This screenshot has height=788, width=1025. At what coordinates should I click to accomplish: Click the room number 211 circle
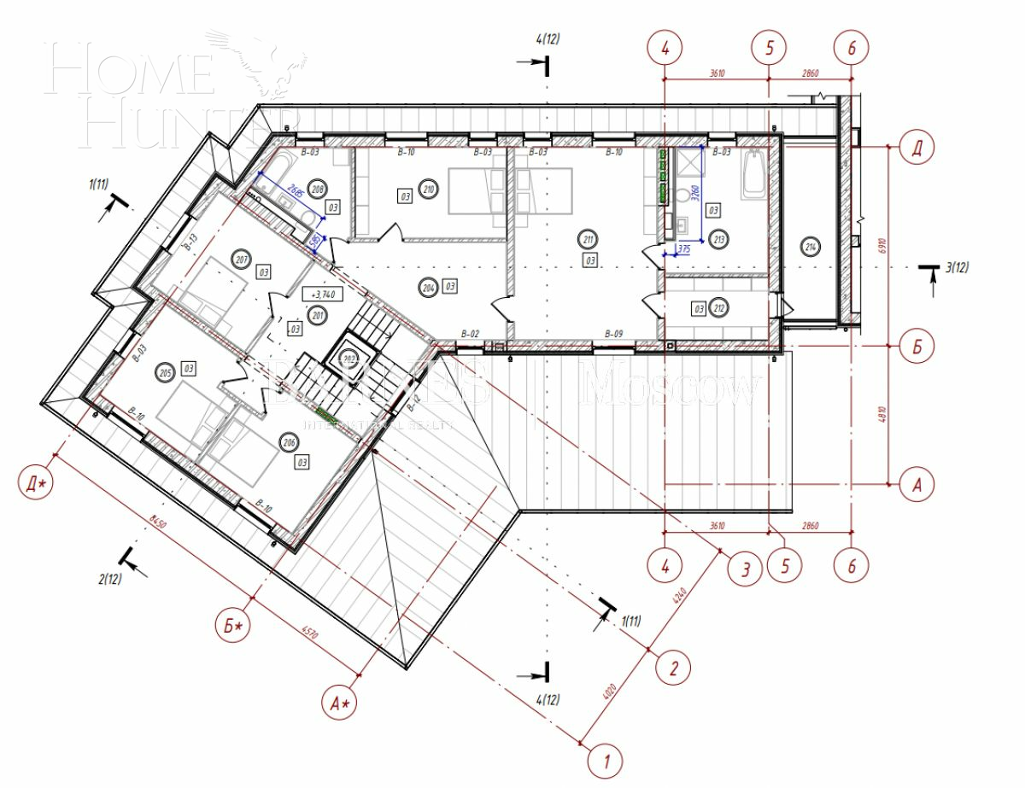(588, 239)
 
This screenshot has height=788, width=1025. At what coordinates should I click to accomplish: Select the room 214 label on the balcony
(810, 248)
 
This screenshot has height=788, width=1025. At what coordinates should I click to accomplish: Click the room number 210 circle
(429, 190)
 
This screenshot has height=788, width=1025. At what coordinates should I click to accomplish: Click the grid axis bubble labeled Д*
(37, 484)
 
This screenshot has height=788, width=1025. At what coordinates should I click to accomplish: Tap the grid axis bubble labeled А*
(342, 703)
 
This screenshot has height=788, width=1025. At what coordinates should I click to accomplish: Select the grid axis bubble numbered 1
(606, 760)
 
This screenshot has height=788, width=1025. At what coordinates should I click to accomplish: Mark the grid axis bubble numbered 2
(673, 667)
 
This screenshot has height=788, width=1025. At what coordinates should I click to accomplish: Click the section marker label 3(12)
(957, 268)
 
